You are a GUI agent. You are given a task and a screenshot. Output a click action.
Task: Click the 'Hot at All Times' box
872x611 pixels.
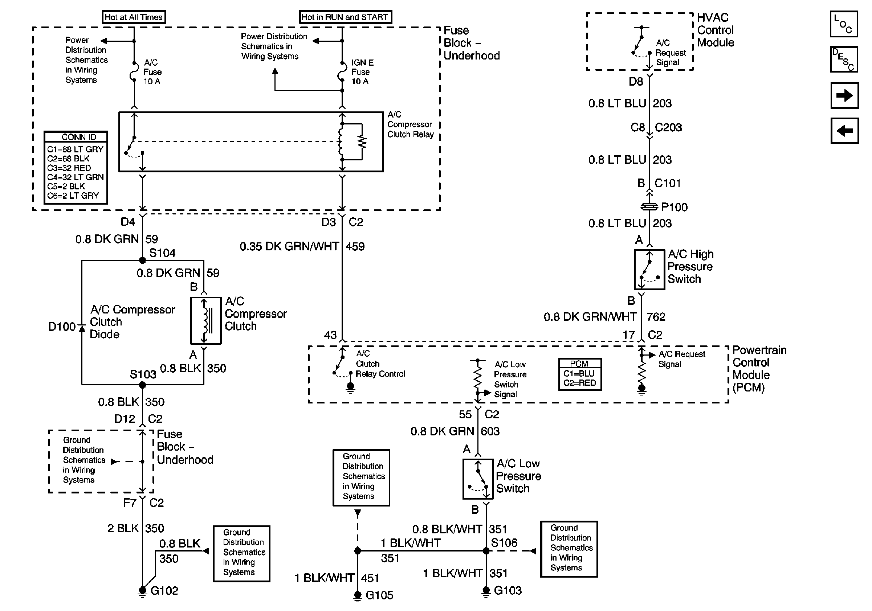pyautogui.click(x=134, y=17)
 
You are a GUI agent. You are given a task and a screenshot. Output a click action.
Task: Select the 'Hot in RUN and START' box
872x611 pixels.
pyautogui.click(x=345, y=17)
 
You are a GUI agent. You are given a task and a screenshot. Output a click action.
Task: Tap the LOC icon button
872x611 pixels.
pyautogui.click(x=844, y=24)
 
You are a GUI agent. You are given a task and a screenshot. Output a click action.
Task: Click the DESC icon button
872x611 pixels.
pyautogui.click(x=844, y=60)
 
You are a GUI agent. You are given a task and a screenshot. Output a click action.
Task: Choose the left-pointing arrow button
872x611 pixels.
pyautogui.click(x=844, y=131)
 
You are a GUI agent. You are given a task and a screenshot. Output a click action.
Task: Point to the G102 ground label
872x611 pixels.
pyautogui.click(x=164, y=591)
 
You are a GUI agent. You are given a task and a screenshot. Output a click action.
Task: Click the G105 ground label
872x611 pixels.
pyautogui.click(x=379, y=595)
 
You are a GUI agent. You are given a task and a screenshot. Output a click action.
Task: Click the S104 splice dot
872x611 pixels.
pyautogui.click(x=142, y=261)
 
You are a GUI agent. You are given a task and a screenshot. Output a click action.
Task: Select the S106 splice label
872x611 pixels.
pyautogui.click(x=504, y=543)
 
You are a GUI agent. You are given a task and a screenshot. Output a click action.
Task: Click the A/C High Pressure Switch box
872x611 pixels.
pyautogui.click(x=649, y=270)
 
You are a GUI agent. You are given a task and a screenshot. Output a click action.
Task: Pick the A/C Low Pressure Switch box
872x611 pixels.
pyautogui.click(x=478, y=479)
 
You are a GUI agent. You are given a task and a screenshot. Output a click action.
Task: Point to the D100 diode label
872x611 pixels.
pyautogui.click(x=62, y=327)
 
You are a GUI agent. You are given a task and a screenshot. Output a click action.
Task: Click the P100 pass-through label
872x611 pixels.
pyautogui.click(x=674, y=207)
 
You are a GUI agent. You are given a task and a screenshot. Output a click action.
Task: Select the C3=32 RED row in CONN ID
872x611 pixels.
pyautogui.click(x=69, y=168)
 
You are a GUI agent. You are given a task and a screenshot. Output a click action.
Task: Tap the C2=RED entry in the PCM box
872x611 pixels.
pyautogui.click(x=579, y=383)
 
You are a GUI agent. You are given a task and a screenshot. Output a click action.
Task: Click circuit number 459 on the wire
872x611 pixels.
pyautogui.click(x=355, y=247)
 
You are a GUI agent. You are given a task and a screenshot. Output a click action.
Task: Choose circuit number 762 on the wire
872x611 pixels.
pyautogui.click(x=656, y=316)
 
